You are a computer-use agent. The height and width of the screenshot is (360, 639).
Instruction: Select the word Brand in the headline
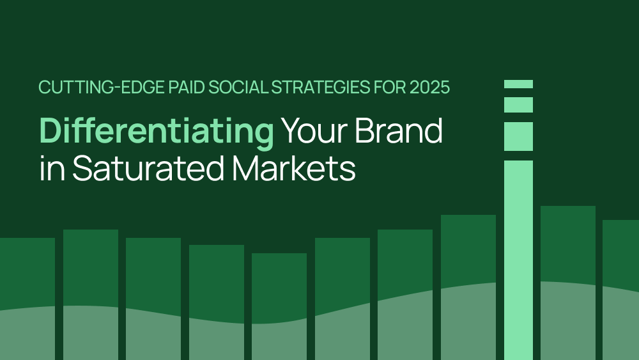coord(399,130)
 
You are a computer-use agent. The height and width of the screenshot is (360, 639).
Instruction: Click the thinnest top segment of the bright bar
coord(518,84)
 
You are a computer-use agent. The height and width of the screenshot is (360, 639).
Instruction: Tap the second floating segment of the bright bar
coord(518,105)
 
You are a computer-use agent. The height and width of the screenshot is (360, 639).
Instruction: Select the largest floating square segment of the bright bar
coord(518,136)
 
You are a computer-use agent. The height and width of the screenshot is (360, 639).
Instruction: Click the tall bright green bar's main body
coord(518,260)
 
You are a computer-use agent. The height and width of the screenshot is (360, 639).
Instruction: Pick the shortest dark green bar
coord(279,306)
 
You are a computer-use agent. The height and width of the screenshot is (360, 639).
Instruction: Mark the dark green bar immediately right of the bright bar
coord(568,283)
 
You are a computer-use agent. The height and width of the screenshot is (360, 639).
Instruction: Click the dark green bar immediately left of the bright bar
coord(468,288)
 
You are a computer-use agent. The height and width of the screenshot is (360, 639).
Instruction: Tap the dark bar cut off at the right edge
coord(620,290)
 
